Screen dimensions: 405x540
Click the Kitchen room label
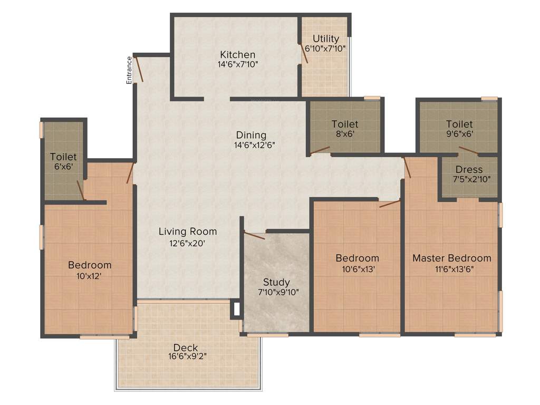pyautogui.click(x=238, y=55)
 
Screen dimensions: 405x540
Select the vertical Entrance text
pyautogui.click(x=129, y=70)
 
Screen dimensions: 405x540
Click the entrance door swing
pyautogui.click(x=140, y=69)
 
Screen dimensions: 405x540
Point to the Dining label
pyautogui.click(x=251, y=135)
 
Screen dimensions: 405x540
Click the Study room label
pyautogui.click(x=277, y=283)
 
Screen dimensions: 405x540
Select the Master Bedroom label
pyautogui.click(x=451, y=258)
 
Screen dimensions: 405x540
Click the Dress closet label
pyautogui.click(x=469, y=170)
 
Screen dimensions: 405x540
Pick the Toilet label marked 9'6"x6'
pyautogui.click(x=459, y=124)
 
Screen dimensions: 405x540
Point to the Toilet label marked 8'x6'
pyautogui.click(x=345, y=124)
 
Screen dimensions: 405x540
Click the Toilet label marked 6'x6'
pyautogui.click(x=63, y=157)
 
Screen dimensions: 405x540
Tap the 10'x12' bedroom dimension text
pyautogui.click(x=90, y=275)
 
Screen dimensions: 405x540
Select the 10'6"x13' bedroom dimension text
pyautogui.click(x=357, y=268)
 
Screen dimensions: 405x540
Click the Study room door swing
pyautogui.click(x=254, y=235)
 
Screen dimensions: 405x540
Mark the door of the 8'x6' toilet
pyautogui.click(x=320, y=151)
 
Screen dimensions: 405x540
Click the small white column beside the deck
pyautogui.click(x=236, y=310)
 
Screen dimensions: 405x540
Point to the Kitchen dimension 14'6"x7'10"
pyautogui.click(x=238, y=64)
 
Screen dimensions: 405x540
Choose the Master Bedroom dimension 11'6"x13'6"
pyautogui.click(x=451, y=268)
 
